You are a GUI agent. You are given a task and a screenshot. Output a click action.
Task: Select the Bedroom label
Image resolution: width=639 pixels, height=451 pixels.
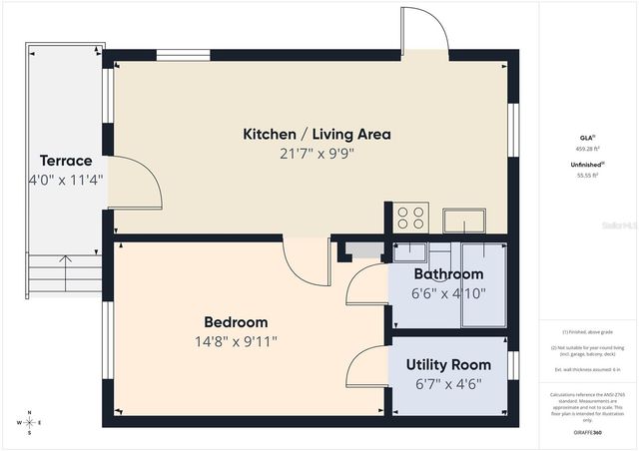[236, 321]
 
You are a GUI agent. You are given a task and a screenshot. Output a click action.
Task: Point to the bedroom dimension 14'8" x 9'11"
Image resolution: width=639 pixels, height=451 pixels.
[236, 341]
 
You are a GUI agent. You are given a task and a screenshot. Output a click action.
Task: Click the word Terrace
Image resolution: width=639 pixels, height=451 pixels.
[66, 161]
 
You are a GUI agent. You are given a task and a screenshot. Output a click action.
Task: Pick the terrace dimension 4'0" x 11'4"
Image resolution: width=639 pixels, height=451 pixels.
[66, 181]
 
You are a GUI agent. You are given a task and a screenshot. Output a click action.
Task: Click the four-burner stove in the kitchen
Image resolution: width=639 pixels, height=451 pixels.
[411, 218]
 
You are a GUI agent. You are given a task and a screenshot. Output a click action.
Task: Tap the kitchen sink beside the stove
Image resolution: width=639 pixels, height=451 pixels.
[465, 220]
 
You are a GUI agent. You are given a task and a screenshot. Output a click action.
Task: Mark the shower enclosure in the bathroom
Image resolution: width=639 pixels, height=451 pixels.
[482, 284]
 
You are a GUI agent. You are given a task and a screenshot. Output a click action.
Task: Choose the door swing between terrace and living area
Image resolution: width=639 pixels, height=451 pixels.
[134, 185]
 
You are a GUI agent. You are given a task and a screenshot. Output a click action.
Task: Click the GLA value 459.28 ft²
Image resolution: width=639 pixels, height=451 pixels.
[587, 148]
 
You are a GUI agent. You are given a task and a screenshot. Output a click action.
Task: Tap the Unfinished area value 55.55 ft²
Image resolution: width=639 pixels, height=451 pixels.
[587, 176]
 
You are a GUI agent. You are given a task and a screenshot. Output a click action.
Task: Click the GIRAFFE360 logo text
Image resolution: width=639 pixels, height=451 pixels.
[587, 432]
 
